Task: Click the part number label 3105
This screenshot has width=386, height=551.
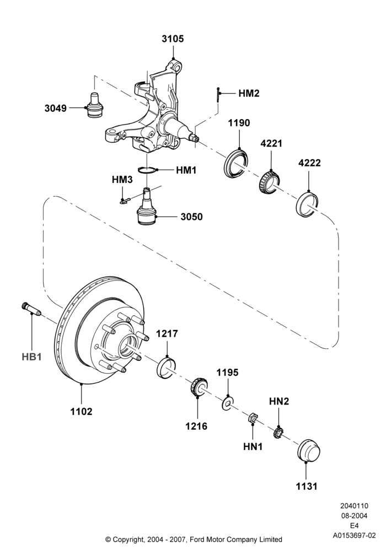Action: tap(173, 39)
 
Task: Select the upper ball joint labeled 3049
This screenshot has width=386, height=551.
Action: tap(94, 105)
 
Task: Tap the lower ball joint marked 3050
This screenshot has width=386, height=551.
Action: tap(147, 207)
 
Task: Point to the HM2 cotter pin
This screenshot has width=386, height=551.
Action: tap(218, 95)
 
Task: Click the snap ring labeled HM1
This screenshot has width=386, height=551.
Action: tap(147, 170)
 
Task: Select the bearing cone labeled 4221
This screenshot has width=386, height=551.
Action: tap(269, 182)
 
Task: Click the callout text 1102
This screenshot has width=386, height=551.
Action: tap(81, 411)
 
